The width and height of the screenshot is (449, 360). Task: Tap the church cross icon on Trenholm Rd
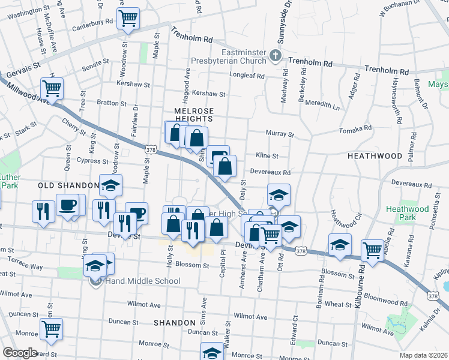(276, 56)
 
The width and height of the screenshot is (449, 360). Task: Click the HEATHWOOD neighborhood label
(375, 156)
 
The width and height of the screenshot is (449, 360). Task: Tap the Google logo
(20, 353)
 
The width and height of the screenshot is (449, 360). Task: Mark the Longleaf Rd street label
(247, 76)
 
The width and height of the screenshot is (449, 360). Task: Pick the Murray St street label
(283, 134)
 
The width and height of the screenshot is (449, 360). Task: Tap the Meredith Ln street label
(322, 106)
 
